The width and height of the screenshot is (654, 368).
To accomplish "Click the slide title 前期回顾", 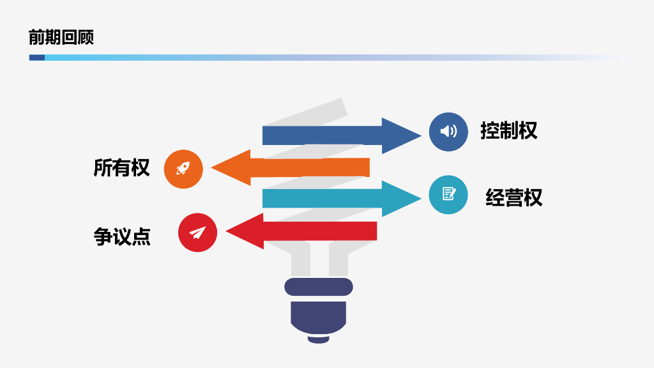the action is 61,37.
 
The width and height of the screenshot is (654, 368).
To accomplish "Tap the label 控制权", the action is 509,130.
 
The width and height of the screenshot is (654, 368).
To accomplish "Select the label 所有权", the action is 121,167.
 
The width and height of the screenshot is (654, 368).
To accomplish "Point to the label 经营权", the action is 514,197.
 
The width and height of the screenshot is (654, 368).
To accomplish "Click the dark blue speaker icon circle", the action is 449,132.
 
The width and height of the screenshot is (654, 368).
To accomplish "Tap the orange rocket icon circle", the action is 183,169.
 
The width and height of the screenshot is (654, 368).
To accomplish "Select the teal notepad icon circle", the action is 449,194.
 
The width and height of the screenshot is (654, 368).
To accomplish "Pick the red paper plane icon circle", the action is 198,233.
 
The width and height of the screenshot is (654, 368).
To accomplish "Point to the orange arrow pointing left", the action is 300,167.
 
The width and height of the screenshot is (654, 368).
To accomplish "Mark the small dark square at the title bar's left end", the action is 36,57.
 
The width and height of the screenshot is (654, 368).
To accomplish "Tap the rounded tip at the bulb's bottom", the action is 318,339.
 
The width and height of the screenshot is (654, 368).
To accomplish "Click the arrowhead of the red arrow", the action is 246,231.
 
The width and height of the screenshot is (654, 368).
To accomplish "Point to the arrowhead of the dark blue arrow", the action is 400,135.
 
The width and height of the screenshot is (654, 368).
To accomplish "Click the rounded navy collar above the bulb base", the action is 319,286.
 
